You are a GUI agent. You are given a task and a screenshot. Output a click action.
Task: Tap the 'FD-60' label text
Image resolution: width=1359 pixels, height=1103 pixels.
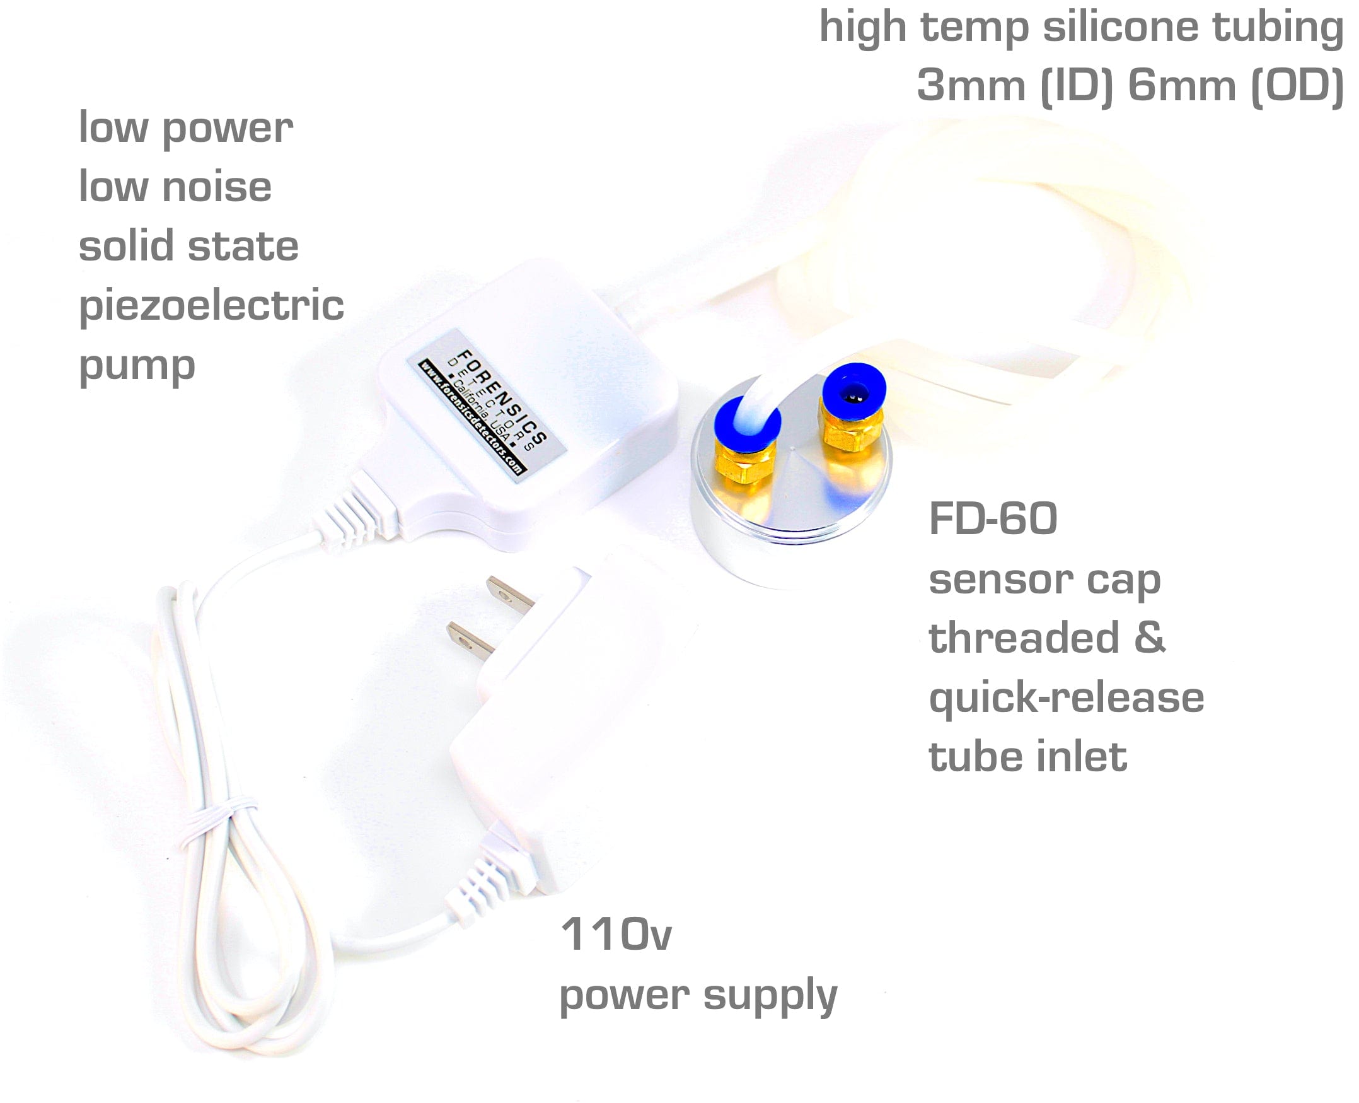(993, 519)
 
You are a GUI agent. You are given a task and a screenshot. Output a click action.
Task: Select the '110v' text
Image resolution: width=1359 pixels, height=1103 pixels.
(615, 935)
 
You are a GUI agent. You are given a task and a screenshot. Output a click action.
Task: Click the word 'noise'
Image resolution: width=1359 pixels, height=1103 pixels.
(217, 187)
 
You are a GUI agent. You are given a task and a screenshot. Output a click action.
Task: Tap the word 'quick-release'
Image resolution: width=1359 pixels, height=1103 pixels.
(1067, 698)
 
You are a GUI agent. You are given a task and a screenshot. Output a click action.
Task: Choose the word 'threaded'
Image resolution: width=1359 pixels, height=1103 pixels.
(1024, 638)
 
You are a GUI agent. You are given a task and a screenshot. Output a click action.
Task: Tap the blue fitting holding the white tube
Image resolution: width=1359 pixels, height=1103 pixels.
(746, 421)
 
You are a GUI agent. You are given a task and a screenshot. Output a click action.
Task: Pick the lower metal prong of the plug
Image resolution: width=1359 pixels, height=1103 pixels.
(471, 641)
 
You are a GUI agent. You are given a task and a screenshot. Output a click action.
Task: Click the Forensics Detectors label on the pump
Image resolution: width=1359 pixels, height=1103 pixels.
(486, 405)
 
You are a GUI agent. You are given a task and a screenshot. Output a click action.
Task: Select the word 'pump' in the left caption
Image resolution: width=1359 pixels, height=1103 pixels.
(137, 366)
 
